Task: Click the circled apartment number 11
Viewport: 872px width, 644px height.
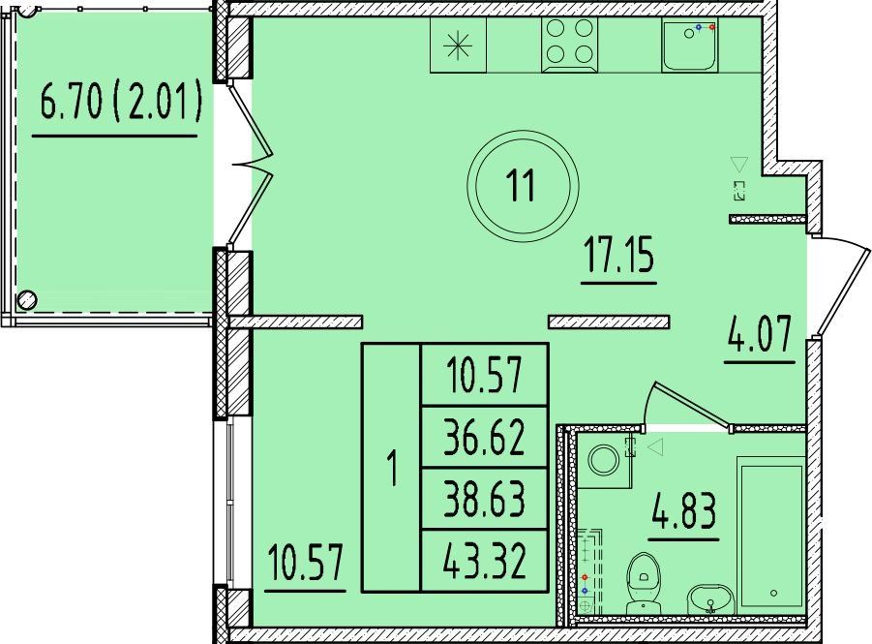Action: [x=523, y=186]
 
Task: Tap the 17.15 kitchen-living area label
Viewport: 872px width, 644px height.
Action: [x=619, y=255]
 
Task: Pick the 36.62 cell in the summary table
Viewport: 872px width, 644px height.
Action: [x=485, y=437]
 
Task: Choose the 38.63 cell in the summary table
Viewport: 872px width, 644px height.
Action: [x=485, y=499]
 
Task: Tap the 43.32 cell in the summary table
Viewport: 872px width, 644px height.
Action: [x=485, y=561]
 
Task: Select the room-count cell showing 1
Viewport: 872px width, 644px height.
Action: [x=393, y=468]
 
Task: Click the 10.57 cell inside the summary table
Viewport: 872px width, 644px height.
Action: [x=485, y=375]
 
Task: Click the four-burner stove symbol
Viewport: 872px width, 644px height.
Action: [x=569, y=45]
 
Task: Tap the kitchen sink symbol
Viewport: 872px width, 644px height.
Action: [x=690, y=44]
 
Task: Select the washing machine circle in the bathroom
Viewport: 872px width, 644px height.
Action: [x=604, y=461]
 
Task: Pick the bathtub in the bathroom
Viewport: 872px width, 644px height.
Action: [x=771, y=536]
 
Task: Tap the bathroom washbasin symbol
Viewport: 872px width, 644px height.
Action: [x=711, y=599]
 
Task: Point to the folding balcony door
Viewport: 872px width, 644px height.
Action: [x=252, y=165]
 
